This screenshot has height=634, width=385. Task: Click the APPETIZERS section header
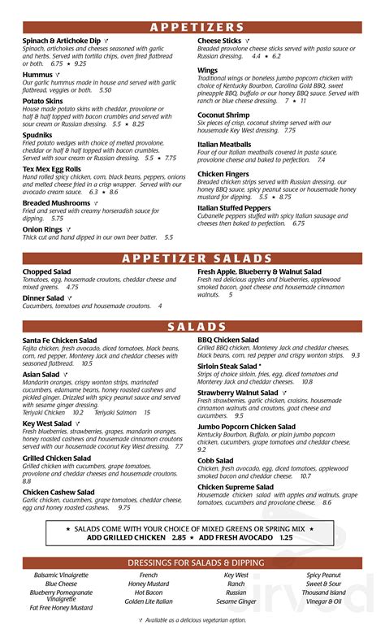click(192, 27)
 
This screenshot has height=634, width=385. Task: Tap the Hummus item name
click(37, 74)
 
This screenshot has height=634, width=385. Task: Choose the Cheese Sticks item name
click(219, 40)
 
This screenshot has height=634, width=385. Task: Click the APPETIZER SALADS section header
click(192, 258)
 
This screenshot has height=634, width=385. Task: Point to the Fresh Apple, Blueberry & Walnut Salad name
click(259, 271)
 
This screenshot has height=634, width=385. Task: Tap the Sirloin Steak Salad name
click(230, 366)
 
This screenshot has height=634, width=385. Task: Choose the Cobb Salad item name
click(216, 461)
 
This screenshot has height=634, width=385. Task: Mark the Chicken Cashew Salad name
click(58, 492)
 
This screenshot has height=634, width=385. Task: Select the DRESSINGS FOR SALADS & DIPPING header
click(192, 562)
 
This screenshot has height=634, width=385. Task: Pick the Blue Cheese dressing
click(62, 584)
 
